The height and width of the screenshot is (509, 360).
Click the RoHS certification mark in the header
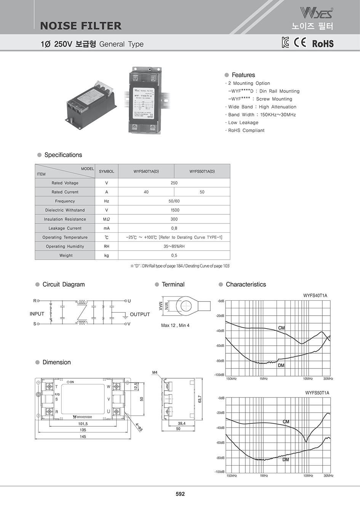pyautogui.click(x=323, y=43)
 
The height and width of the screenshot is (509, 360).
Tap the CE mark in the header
pyautogui.click(x=300, y=42)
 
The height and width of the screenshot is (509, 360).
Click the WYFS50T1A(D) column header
pyautogui.click(x=202, y=171)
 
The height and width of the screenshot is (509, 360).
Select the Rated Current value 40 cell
pyautogui.click(x=146, y=192)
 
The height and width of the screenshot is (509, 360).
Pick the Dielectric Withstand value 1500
pyautogui.click(x=174, y=210)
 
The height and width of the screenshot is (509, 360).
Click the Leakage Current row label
pyautogui.click(x=65, y=228)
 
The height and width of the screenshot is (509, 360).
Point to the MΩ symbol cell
pyautogui.click(x=107, y=219)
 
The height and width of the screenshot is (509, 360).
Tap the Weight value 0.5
pyautogui.click(x=174, y=255)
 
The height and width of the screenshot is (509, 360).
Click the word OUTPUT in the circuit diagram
pyautogui.click(x=140, y=314)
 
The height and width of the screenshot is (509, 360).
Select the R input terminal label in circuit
pyautogui.click(x=35, y=301)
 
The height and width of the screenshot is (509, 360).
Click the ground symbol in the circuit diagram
pyautogui.click(x=125, y=317)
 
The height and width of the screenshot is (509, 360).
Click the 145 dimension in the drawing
pyautogui.click(x=83, y=437)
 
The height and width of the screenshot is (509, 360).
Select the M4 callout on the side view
pyautogui.click(x=155, y=372)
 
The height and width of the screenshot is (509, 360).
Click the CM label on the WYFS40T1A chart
pyautogui.click(x=282, y=328)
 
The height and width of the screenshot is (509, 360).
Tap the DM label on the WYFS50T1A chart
pyautogui.click(x=286, y=460)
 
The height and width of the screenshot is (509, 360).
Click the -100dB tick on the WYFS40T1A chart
pyautogui.click(x=219, y=375)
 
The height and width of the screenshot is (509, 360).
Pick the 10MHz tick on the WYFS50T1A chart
pyautogui.click(x=308, y=475)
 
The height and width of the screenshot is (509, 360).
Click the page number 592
pyautogui.click(x=180, y=494)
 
